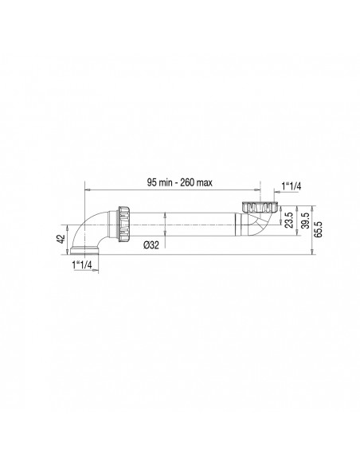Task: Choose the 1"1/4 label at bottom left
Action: coord(82,264)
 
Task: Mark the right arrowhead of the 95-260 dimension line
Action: coord(259,192)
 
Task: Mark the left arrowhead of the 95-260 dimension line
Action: coord(88,192)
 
